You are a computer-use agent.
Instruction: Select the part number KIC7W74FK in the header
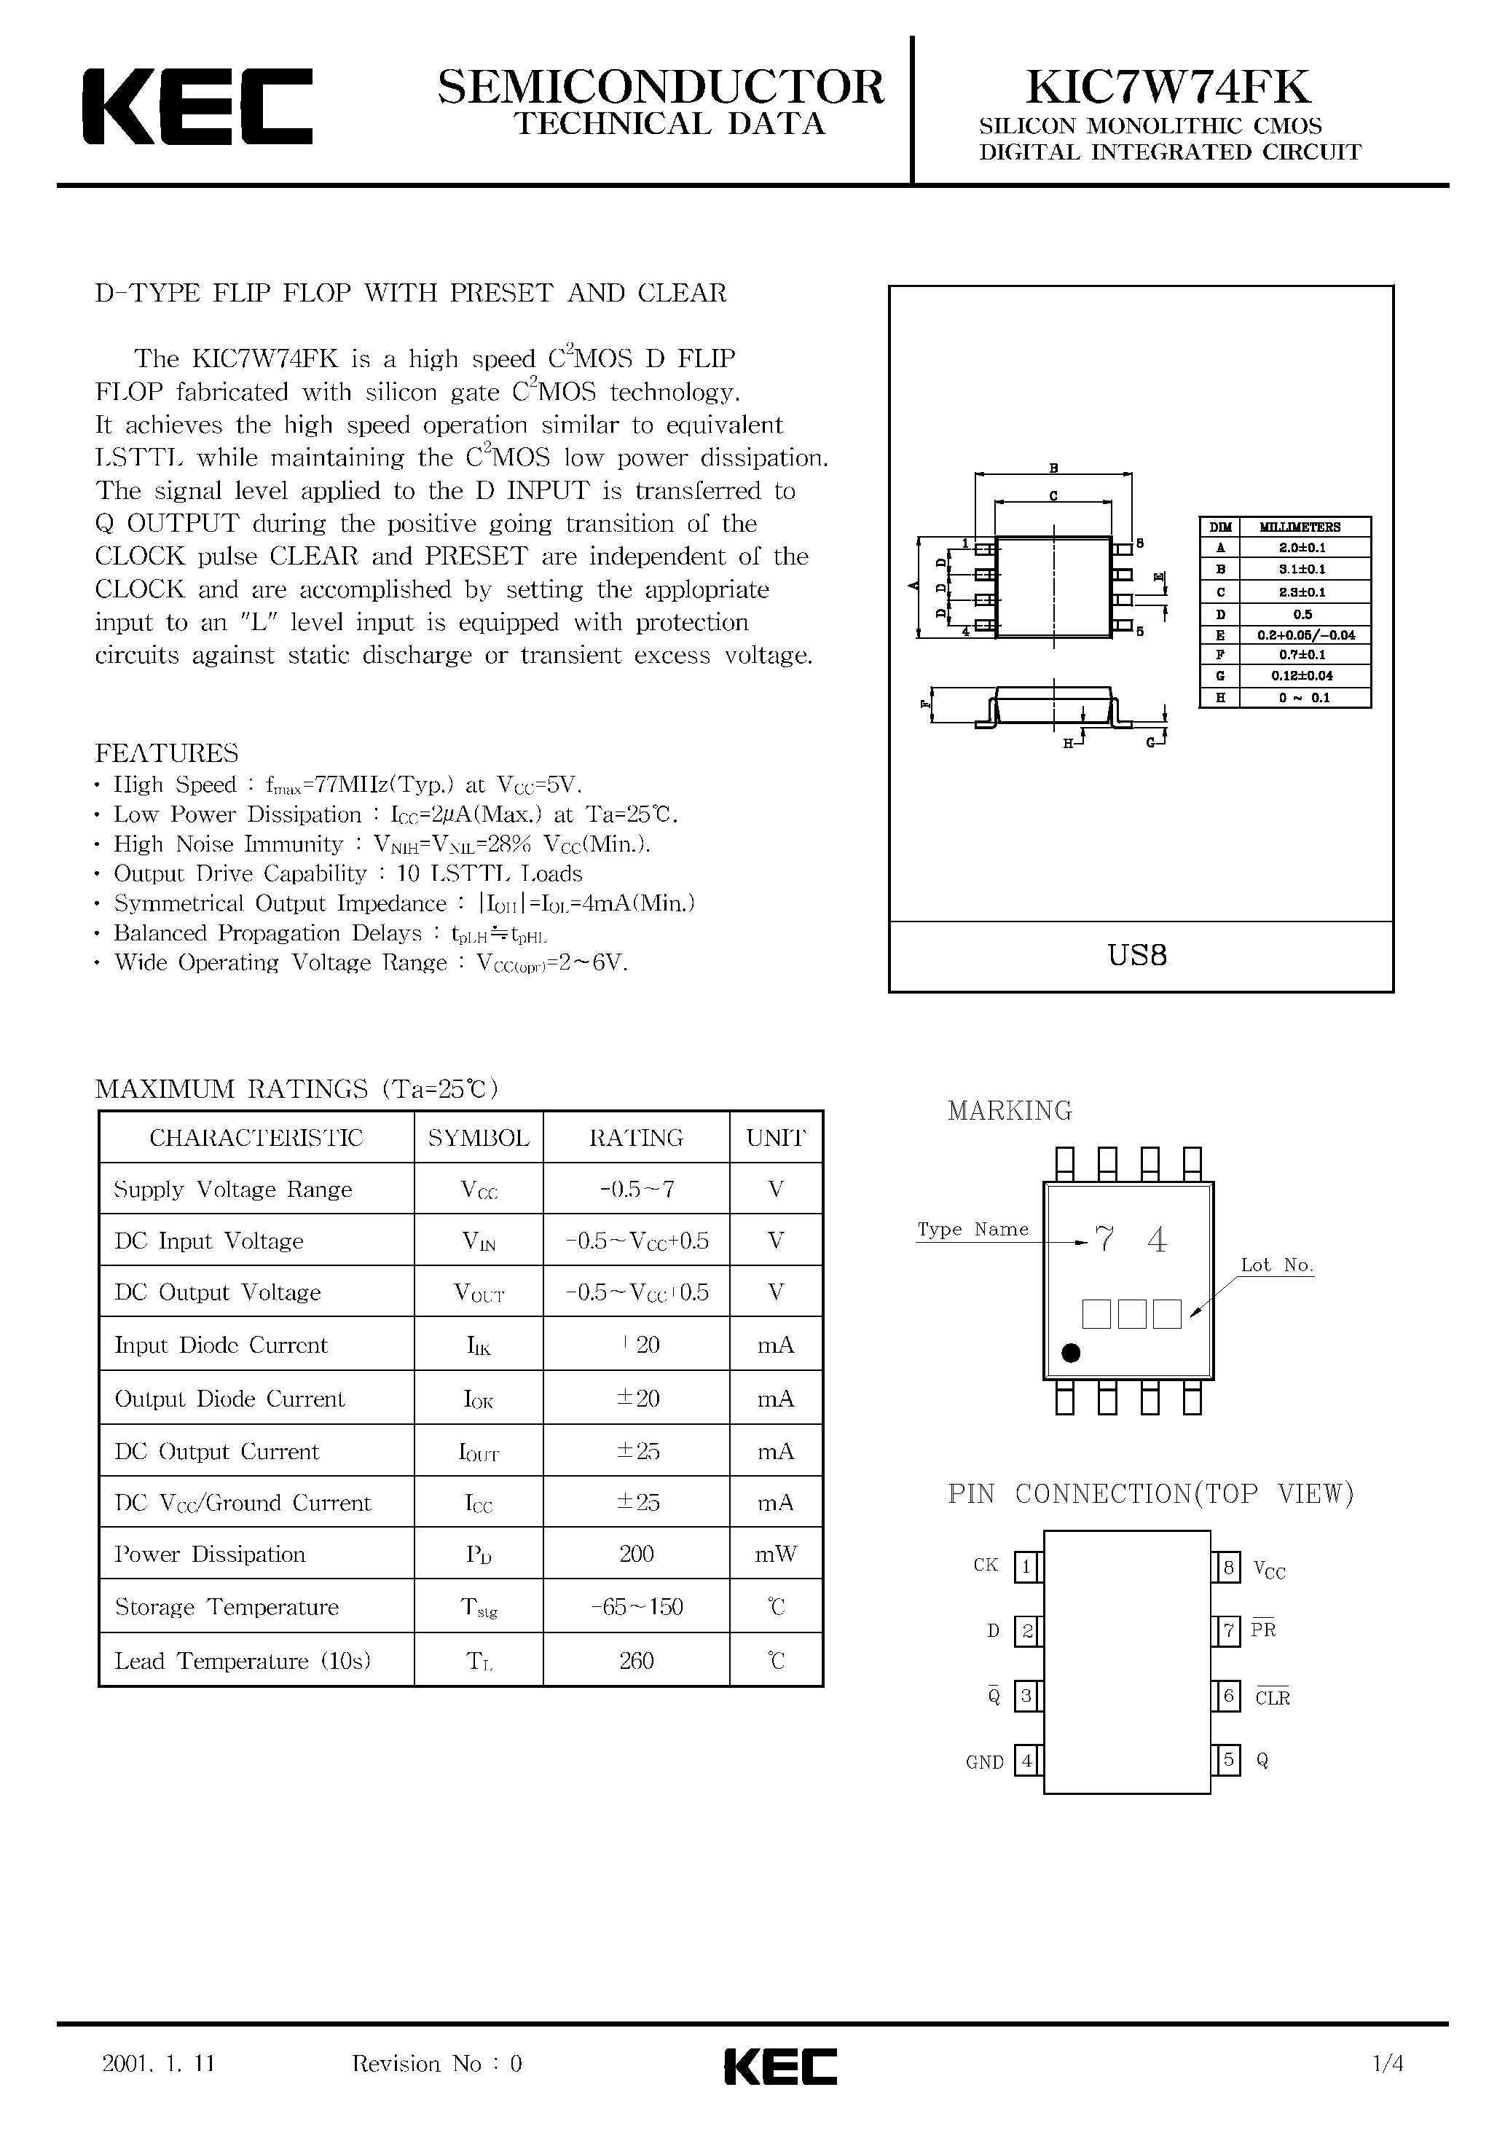pyautogui.click(x=1168, y=87)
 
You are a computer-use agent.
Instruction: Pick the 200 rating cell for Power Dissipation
pyautogui.click(x=637, y=1554)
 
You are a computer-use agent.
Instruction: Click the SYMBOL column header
pyautogui.click(x=479, y=1137)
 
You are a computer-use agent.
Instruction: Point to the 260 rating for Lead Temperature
pyautogui.click(x=637, y=1661)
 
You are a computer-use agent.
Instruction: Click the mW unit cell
pyautogui.click(x=776, y=1554)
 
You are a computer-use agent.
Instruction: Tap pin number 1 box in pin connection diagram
pyautogui.click(x=1026, y=1568)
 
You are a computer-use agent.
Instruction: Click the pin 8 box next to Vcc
pyautogui.click(x=1228, y=1568)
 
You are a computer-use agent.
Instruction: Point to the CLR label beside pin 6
pyautogui.click(x=1272, y=1698)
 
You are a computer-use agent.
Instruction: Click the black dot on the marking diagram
pyautogui.click(x=1071, y=1353)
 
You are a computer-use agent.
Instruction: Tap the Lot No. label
pyautogui.click(x=1277, y=1265)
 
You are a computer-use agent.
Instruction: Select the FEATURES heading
pyautogui.click(x=167, y=752)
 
